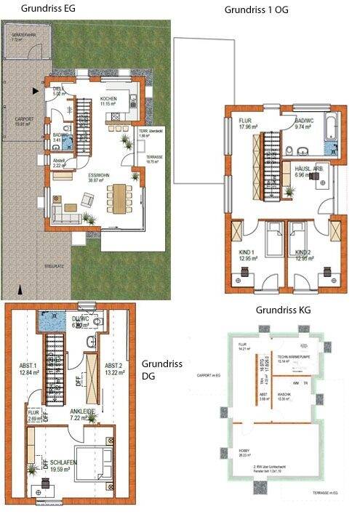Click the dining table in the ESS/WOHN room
point(116,196)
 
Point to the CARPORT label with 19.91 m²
point(25,121)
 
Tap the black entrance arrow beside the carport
point(33,92)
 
